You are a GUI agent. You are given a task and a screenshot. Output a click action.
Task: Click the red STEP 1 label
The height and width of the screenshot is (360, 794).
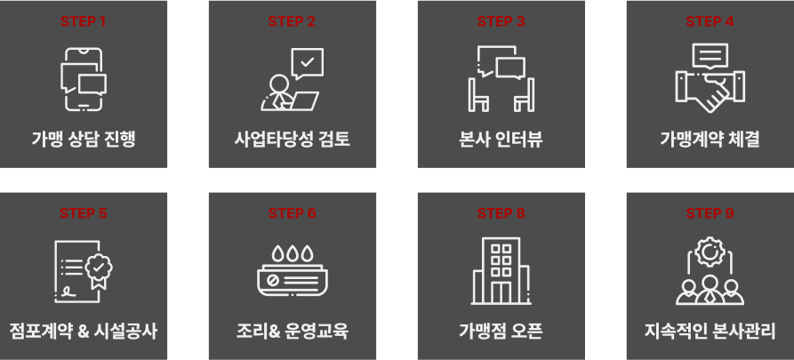(x=84, y=21)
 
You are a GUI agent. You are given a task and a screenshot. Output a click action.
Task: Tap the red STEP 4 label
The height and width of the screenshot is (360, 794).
(x=710, y=21)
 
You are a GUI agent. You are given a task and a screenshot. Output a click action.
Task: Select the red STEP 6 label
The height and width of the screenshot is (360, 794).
(x=293, y=213)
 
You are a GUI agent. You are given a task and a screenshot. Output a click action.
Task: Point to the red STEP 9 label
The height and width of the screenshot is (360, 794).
(x=710, y=213)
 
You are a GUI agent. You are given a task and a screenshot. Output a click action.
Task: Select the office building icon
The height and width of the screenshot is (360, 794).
(x=501, y=271)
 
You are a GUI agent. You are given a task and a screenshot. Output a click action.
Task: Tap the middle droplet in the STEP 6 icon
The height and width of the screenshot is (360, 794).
(x=293, y=253)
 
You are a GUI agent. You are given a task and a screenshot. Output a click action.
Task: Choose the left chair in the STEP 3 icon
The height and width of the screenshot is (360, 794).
(x=478, y=95)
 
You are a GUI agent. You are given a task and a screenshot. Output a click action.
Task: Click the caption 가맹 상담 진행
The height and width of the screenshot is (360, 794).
(x=84, y=140)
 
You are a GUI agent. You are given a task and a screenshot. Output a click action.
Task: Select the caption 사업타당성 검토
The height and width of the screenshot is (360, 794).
(x=293, y=140)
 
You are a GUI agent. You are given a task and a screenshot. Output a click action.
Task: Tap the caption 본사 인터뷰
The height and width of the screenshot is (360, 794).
(x=501, y=140)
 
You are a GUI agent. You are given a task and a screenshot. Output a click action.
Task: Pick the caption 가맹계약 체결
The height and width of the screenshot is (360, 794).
(x=710, y=140)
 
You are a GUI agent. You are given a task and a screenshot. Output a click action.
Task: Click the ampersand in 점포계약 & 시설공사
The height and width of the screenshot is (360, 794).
(x=84, y=332)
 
